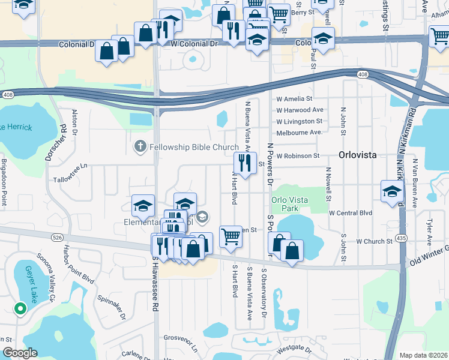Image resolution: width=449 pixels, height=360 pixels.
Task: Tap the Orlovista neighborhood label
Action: click(x=357, y=154)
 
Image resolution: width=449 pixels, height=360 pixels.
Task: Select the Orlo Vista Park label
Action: click(x=285, y=204)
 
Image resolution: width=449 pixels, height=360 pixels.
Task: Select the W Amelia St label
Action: click(x=294, y=99)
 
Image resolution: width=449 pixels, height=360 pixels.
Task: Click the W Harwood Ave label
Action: click(x=300, y=110)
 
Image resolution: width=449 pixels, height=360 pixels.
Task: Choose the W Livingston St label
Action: click(x=300, y=121)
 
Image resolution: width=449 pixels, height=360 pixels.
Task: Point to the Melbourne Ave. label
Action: click(x=300, y=133)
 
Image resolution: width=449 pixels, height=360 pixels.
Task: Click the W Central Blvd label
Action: click(x=351, y=213)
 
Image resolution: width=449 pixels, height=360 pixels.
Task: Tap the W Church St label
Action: click(x=374, y=242)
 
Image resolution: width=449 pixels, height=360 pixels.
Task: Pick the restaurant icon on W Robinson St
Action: click(x=245, y=163)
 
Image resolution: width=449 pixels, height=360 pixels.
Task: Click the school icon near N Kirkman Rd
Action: click(x=392, y=191)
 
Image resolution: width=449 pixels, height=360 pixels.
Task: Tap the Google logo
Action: click(x=19, y=353)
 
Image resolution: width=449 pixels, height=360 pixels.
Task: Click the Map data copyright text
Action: click(x=423, y=355)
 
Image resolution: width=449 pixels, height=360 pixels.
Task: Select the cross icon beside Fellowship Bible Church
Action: click(x=140, y=146)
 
